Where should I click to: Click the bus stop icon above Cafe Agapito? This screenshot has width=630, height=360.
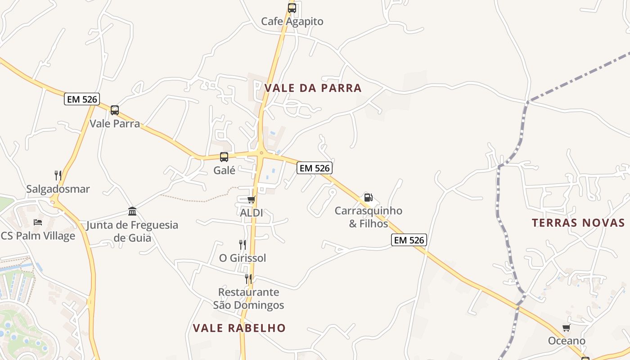pos(292,8)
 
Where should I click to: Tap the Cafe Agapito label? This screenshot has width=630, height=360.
pos(292,21)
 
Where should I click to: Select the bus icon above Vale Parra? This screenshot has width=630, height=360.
pos(115,110)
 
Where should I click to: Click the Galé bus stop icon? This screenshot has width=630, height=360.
pos(224,157)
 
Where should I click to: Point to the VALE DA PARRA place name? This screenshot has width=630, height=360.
pos(313,88)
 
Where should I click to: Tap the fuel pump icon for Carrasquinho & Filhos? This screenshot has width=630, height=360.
pos(368,197)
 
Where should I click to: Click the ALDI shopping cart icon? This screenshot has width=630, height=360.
pos(251,199)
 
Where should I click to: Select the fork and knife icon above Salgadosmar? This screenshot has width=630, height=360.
pos(58,175)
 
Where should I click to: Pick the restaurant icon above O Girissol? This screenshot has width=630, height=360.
pos(243,244)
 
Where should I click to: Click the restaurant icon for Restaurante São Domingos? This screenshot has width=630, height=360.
pos(248,279)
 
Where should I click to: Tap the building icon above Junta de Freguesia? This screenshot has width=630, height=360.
pos(132,211)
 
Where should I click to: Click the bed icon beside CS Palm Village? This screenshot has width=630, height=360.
pos(38,222)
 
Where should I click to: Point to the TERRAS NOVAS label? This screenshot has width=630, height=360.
pos(578,223)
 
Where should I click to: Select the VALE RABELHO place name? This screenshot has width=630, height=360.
pos(239,328)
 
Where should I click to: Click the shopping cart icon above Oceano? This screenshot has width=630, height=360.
pos(566,328)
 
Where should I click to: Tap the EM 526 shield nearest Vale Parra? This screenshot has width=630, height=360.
pos(82,99)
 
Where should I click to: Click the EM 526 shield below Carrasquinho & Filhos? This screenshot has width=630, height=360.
pos(409,240)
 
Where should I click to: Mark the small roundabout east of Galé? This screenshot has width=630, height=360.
pos(261,153)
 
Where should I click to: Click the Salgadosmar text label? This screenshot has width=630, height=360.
pos(58,189)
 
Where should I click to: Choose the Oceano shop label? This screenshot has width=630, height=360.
pos(567,341)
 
